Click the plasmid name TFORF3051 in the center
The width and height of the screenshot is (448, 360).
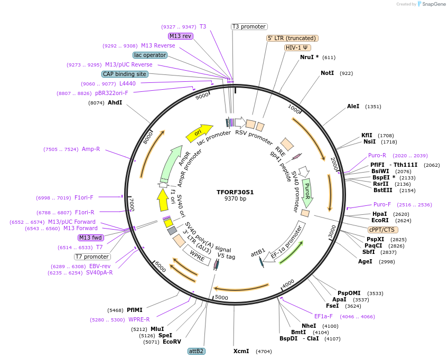click(x=235, y=192)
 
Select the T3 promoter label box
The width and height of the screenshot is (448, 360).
click(x=249, y=26)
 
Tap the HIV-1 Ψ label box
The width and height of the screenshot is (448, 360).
click(x=297, y=48)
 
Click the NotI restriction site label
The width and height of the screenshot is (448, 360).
click(x=327, y=73)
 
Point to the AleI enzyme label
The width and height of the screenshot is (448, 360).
click(x=353, y=106)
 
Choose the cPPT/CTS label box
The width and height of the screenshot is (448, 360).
click(x=382, y=230)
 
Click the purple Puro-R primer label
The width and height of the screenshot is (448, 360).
click(x=377, y=155)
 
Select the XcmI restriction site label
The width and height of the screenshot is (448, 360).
click(x=241, y=350)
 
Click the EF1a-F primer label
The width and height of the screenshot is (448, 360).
click(x=323, y=316)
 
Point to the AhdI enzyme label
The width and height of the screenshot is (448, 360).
click(x=115, y=102)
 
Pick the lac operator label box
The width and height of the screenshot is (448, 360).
click(x=150, y=55)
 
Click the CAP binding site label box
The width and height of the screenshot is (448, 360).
click(x=125, y=74)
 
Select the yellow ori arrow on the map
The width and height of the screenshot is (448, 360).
click(x=199, y=133)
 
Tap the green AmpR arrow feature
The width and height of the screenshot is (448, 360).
click(x=176, y=163)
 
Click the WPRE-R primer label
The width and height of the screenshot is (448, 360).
click(x=139, y=319)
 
